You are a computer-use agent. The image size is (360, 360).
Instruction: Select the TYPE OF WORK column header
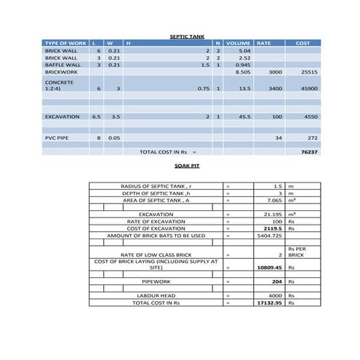[x=65, y=43]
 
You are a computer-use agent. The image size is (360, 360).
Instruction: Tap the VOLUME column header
[x=238, y=43]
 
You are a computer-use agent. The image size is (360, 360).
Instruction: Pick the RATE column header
[x=264, y=43]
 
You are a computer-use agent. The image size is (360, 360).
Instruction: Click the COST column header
[x=303, y=43]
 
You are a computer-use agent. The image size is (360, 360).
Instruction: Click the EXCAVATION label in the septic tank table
[x=63, y=116]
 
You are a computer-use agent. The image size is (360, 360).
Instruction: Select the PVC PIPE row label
[x=57, y=137]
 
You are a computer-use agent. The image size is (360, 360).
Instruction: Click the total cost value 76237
[x=308, y=152]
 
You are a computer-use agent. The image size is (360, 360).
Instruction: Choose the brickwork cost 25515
[x=309, y=73]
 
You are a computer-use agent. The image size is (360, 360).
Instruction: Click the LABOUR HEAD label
[x=156, y=295]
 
